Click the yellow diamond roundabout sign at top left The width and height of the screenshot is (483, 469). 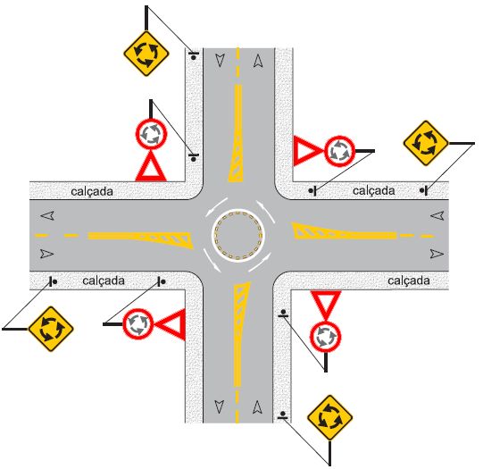coord(146,54)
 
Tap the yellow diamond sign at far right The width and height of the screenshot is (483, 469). coord(426,143)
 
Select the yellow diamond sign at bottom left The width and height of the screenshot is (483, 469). coord(51,329)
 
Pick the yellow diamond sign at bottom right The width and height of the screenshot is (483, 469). coord(330,417)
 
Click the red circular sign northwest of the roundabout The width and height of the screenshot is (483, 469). coord(151,134)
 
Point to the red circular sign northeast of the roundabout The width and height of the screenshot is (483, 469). coord(339,151)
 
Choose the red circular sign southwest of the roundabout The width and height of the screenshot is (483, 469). coord(138,324)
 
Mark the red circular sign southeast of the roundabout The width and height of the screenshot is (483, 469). coord(325,336)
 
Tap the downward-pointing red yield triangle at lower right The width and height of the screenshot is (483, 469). coord(326,304)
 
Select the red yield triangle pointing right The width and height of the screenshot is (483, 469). coord(307,151)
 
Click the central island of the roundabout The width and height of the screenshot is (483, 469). coord(238,235)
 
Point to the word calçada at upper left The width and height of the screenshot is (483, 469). coord(92,192)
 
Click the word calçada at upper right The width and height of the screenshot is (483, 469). coord(374,191)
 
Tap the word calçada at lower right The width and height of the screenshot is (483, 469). coord(409,281)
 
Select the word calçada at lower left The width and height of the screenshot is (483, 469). coord(104,281)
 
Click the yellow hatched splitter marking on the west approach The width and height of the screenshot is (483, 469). coord(141,239)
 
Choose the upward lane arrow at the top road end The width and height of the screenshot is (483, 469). coord(258,61)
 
